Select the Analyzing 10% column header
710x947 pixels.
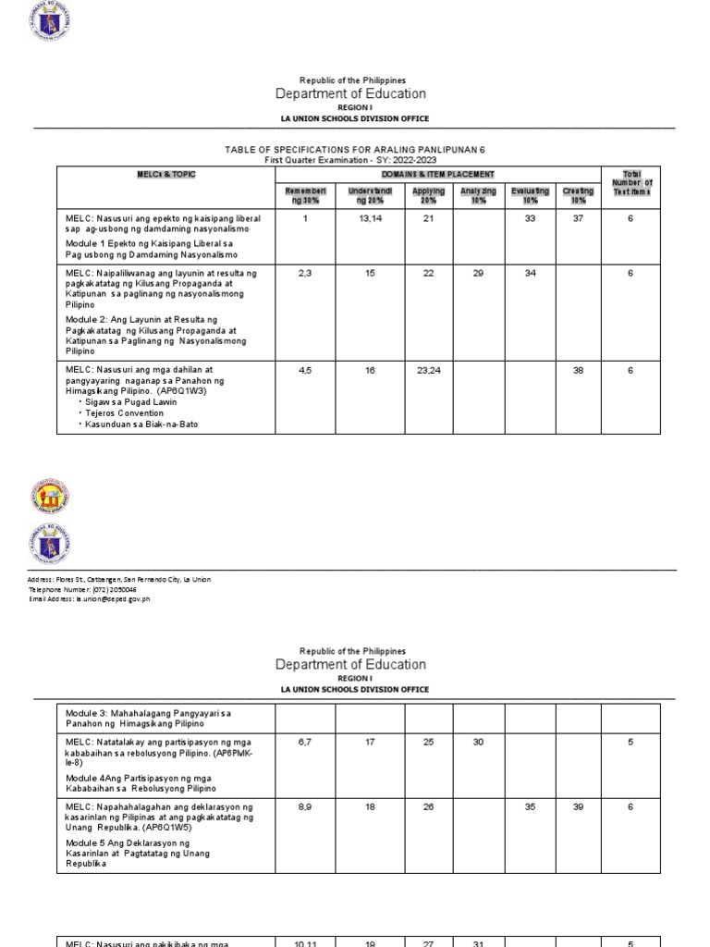point(479,195)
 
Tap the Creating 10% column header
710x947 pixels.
point(578,195)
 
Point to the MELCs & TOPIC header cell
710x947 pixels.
point(166,174)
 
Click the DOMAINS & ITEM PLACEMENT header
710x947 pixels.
point(437,174)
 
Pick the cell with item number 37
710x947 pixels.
point(578,219)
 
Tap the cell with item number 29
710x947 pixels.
point(479,274)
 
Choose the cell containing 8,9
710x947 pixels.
point(304,807)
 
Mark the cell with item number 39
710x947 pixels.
point(578,807)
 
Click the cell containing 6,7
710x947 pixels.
point(304,742)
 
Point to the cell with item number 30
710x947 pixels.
point(479,742)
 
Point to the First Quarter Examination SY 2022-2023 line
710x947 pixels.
point(354,160)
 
